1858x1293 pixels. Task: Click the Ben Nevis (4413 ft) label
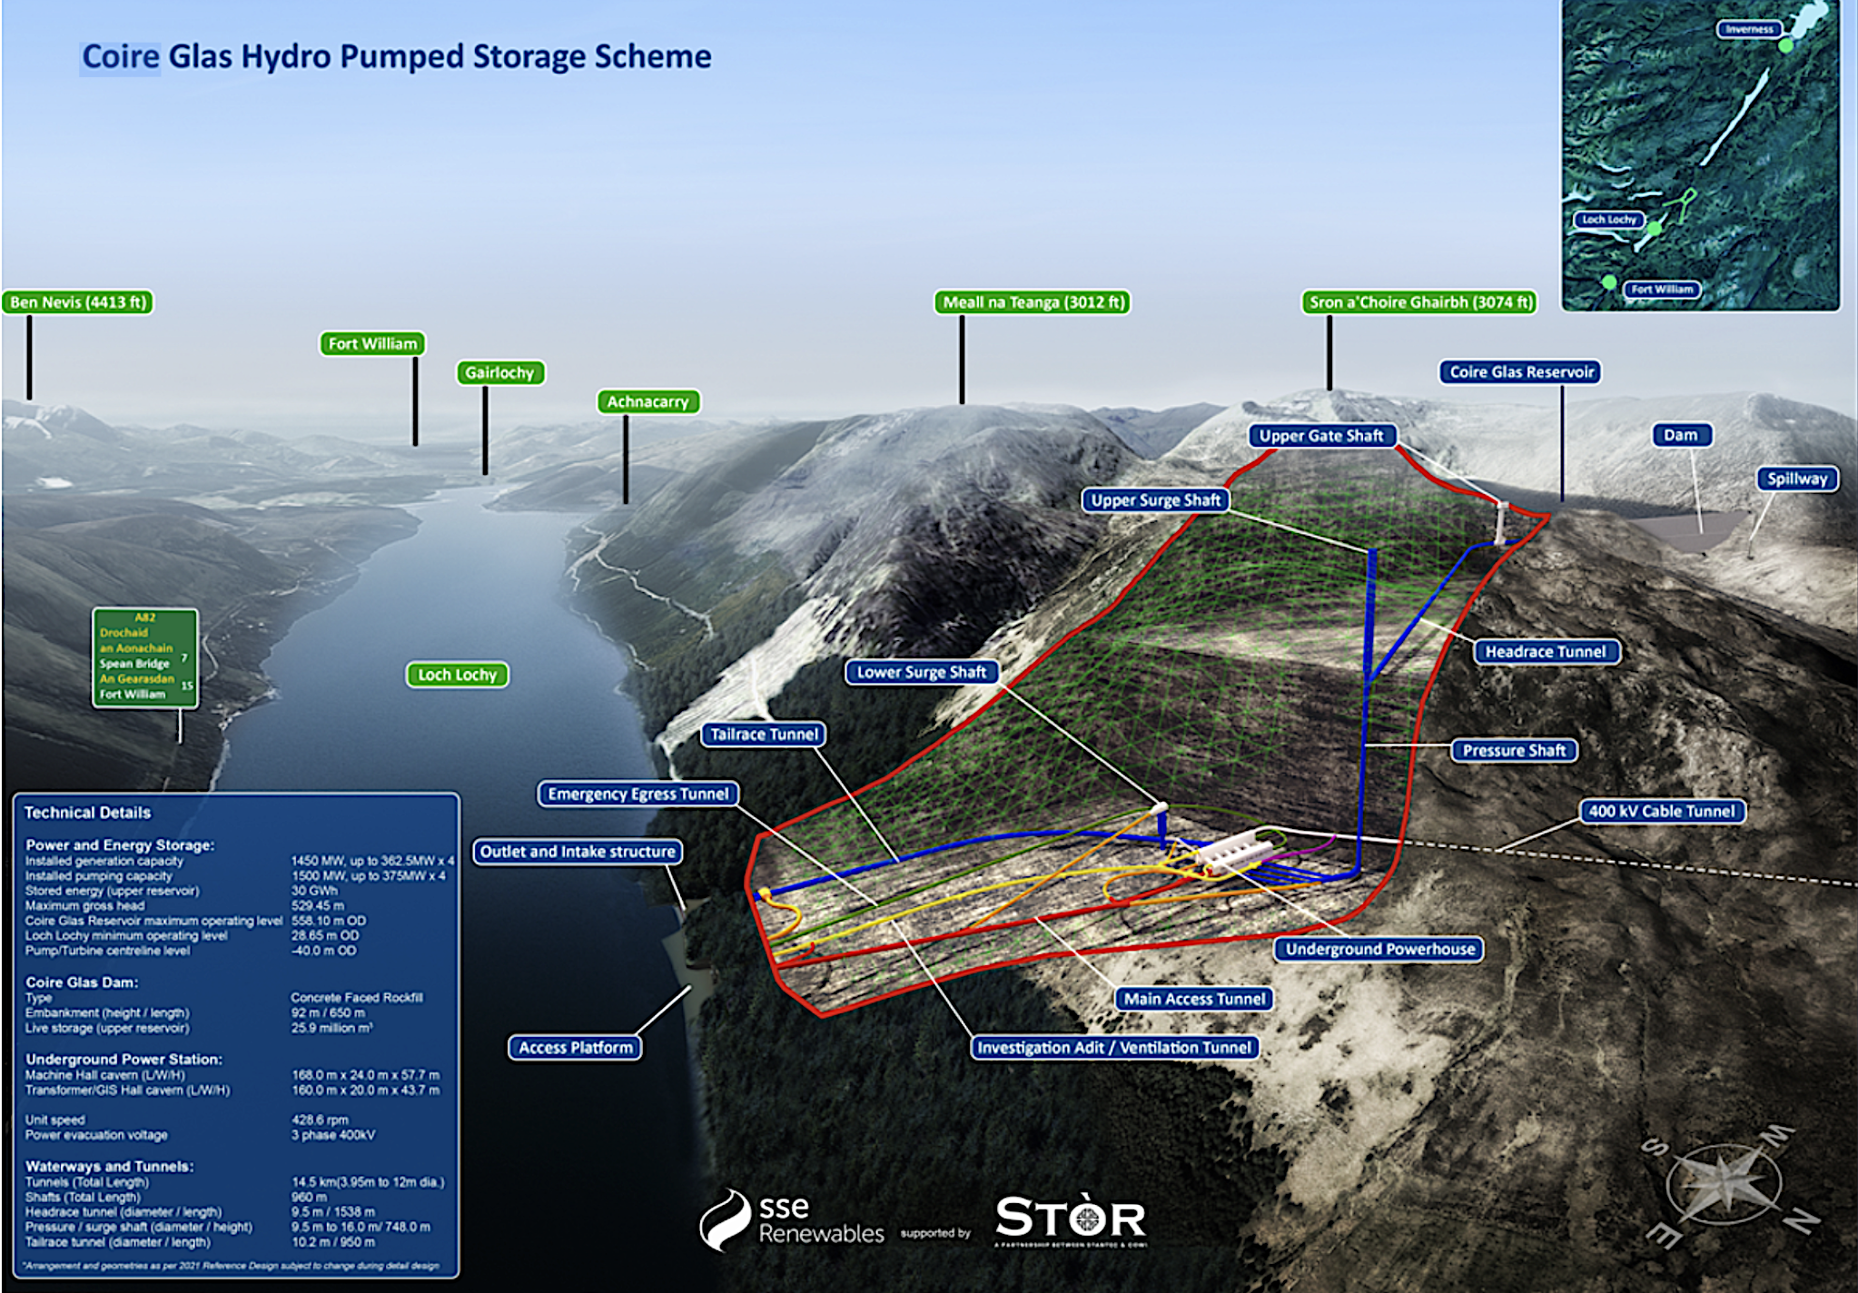tap(78, 302)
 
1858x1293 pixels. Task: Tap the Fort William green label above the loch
tap(372, 344)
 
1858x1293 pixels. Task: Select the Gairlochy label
tap(499, 373)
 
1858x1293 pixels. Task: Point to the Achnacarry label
tap(647, 402)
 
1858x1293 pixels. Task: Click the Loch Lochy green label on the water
tap(457, 675)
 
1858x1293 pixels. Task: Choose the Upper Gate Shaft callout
tap(1321, 436)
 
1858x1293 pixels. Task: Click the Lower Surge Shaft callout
tap(922, 673)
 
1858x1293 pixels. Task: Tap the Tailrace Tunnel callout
tap(765, 735)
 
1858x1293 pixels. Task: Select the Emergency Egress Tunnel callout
tap(638, 795)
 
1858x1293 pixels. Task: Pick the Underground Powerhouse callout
tap(1380, 950)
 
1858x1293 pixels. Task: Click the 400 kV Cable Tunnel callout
tap(1662, 812)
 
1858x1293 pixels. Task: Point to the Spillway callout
tap(1797, 479)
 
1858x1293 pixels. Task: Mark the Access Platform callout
tap(576, 1048)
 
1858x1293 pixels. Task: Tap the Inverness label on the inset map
tap(1749, 29)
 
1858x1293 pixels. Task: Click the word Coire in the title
tap(121, 57)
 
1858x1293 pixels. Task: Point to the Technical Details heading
tap(87, 813)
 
